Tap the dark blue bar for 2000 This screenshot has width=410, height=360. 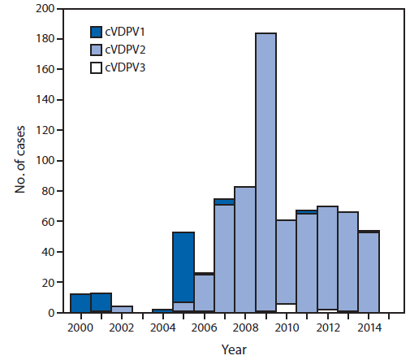80,303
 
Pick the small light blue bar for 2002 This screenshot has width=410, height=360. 122,309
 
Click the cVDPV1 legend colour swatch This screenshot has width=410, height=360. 95,32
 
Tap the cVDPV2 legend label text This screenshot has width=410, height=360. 126,50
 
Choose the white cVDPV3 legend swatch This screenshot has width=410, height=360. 95,67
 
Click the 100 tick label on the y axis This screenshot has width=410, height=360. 45,161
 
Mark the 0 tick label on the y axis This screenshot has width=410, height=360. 51,313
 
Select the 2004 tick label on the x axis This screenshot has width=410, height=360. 162,327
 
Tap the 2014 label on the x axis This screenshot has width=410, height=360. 369,327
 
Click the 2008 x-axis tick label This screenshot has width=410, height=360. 245,327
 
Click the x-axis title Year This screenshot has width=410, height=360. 235,349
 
